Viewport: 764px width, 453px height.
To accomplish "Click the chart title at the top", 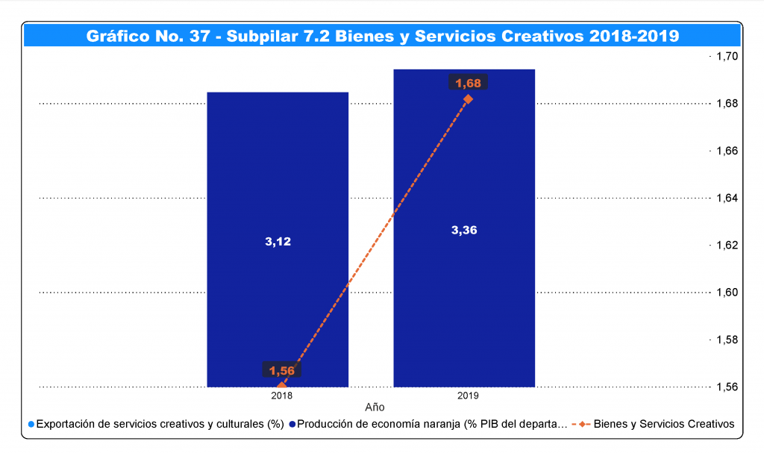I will pyautogui.click(x=382, y=35).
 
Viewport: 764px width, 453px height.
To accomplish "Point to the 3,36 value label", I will pyautogui.click(x=464, y=230).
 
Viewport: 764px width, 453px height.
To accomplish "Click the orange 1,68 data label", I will pyautogui.click(x=468, y=83).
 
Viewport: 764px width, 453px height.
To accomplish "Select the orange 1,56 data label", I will pyautogui.click(x=282, y=370).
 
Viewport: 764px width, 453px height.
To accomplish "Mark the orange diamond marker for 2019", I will pyautogui.click(x=468, y=99).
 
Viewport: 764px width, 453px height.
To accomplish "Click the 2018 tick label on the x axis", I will pyautogui.click(x=282, y=396).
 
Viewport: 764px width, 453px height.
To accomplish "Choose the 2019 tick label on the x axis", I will pyautogui.click(x=468, y=396).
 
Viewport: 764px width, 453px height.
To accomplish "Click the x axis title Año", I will pyautogui.click(x=375, y=407).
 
